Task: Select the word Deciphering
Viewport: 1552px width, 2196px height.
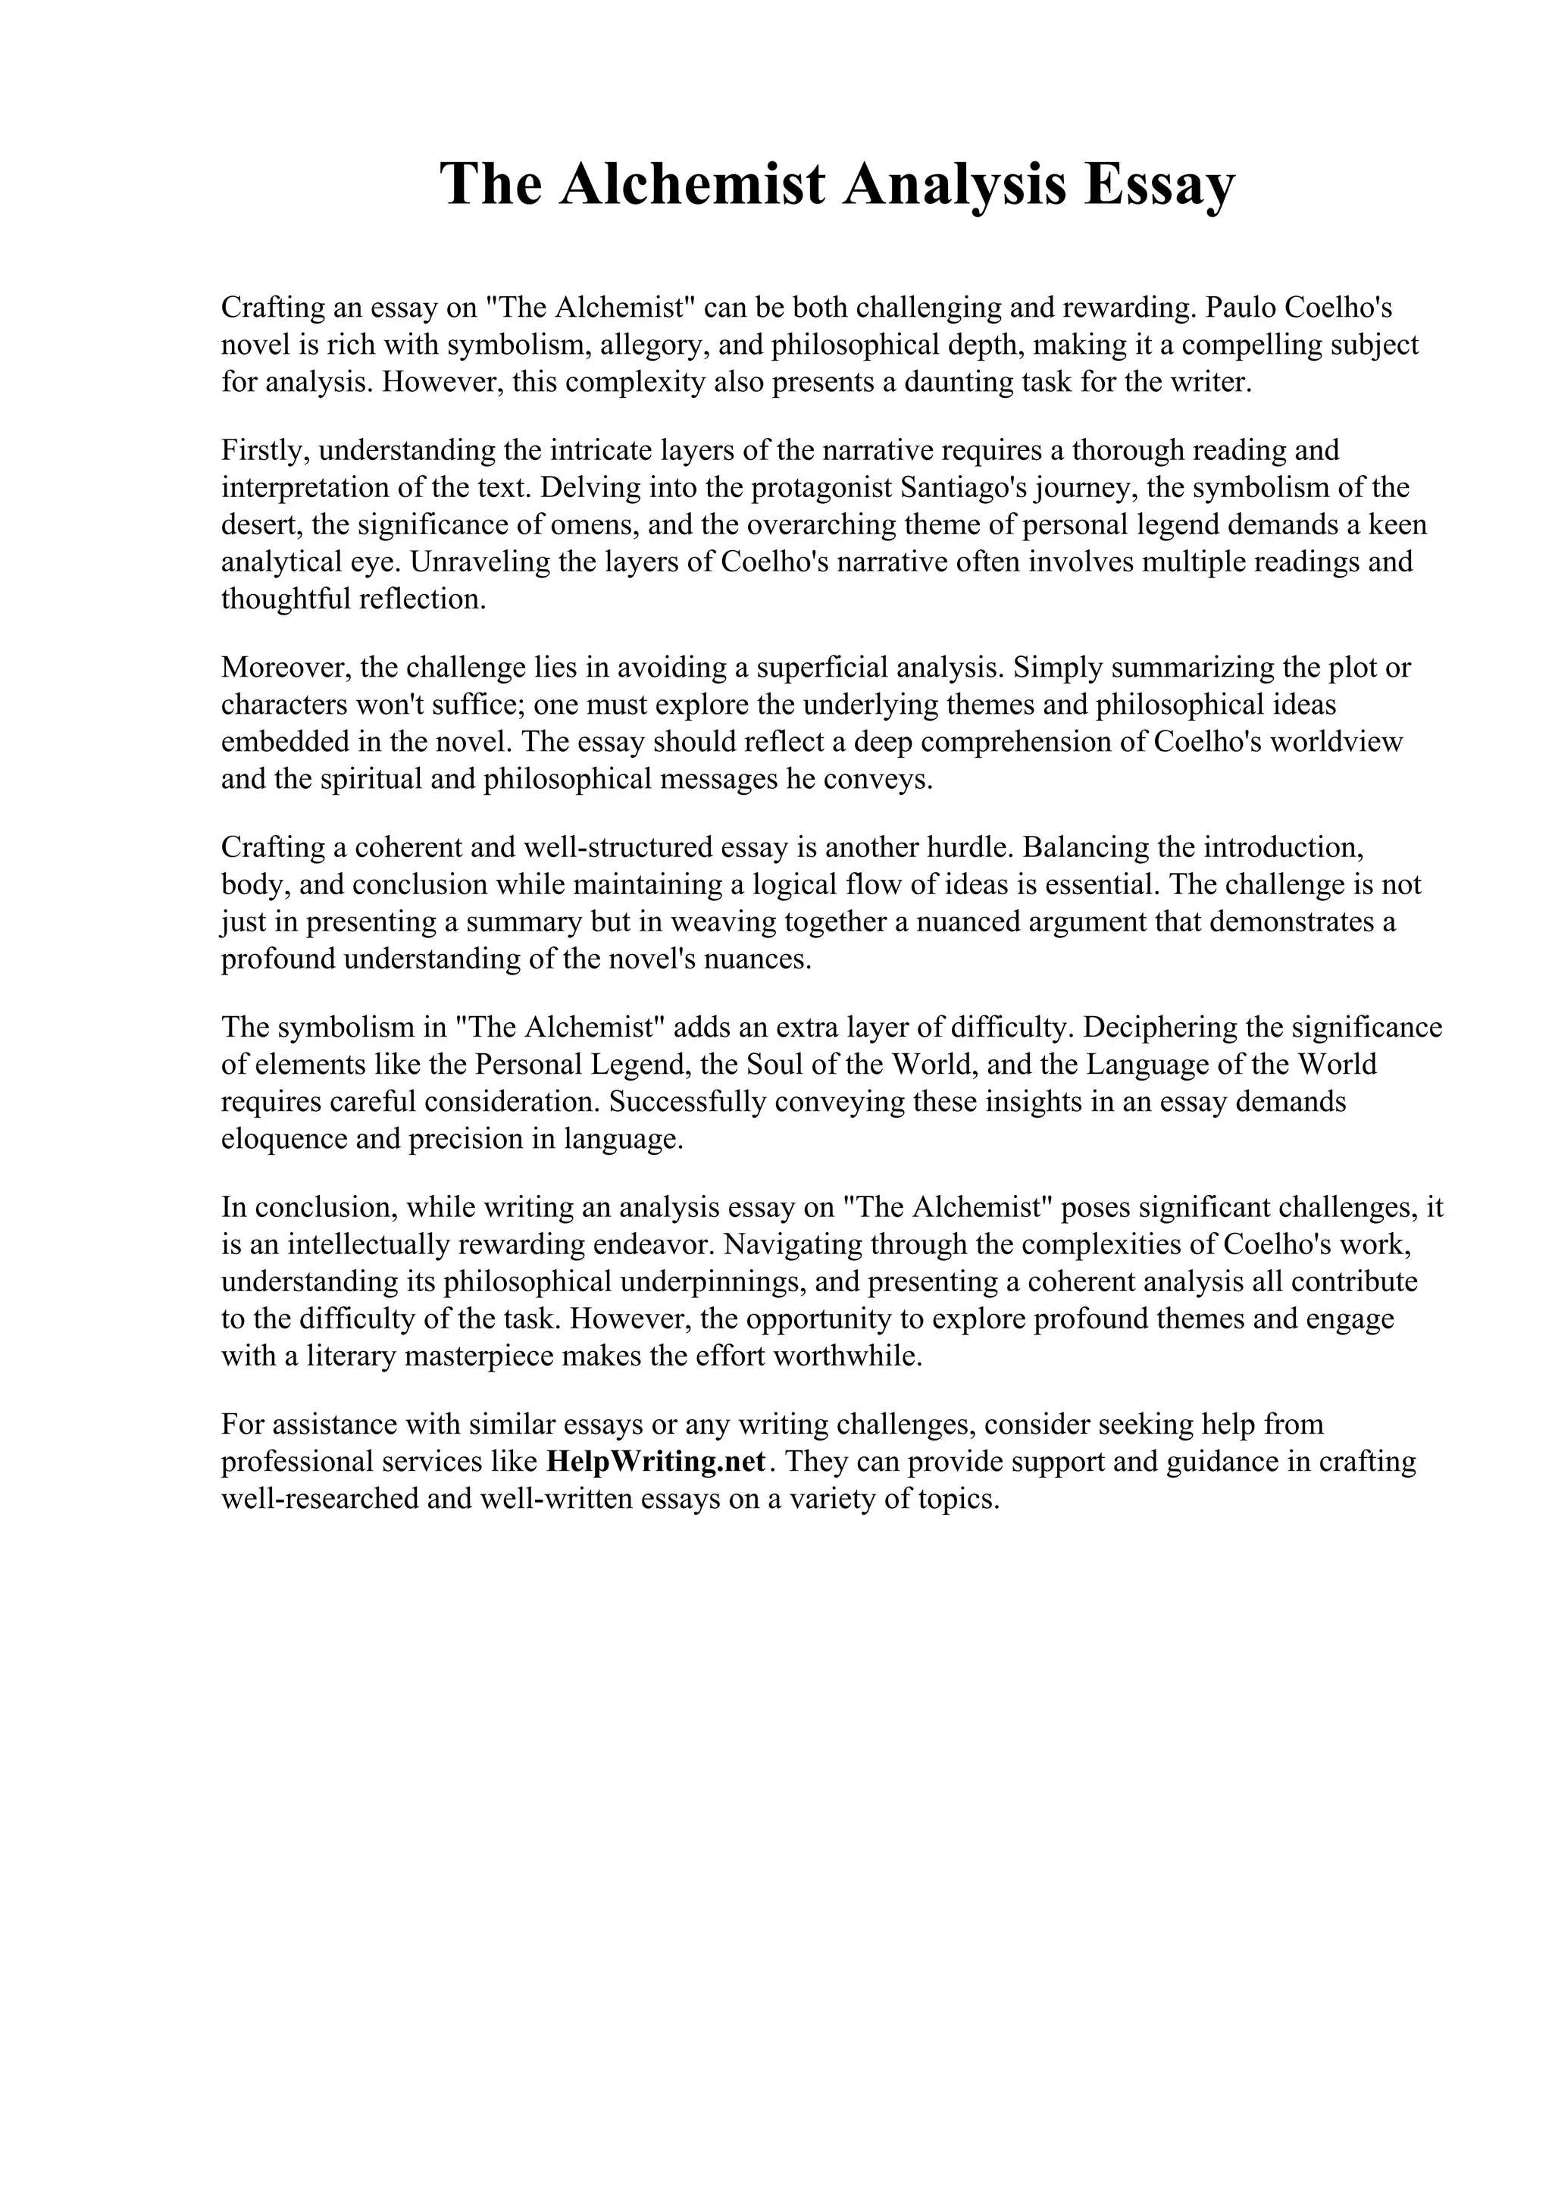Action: tap(1179, 1026)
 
